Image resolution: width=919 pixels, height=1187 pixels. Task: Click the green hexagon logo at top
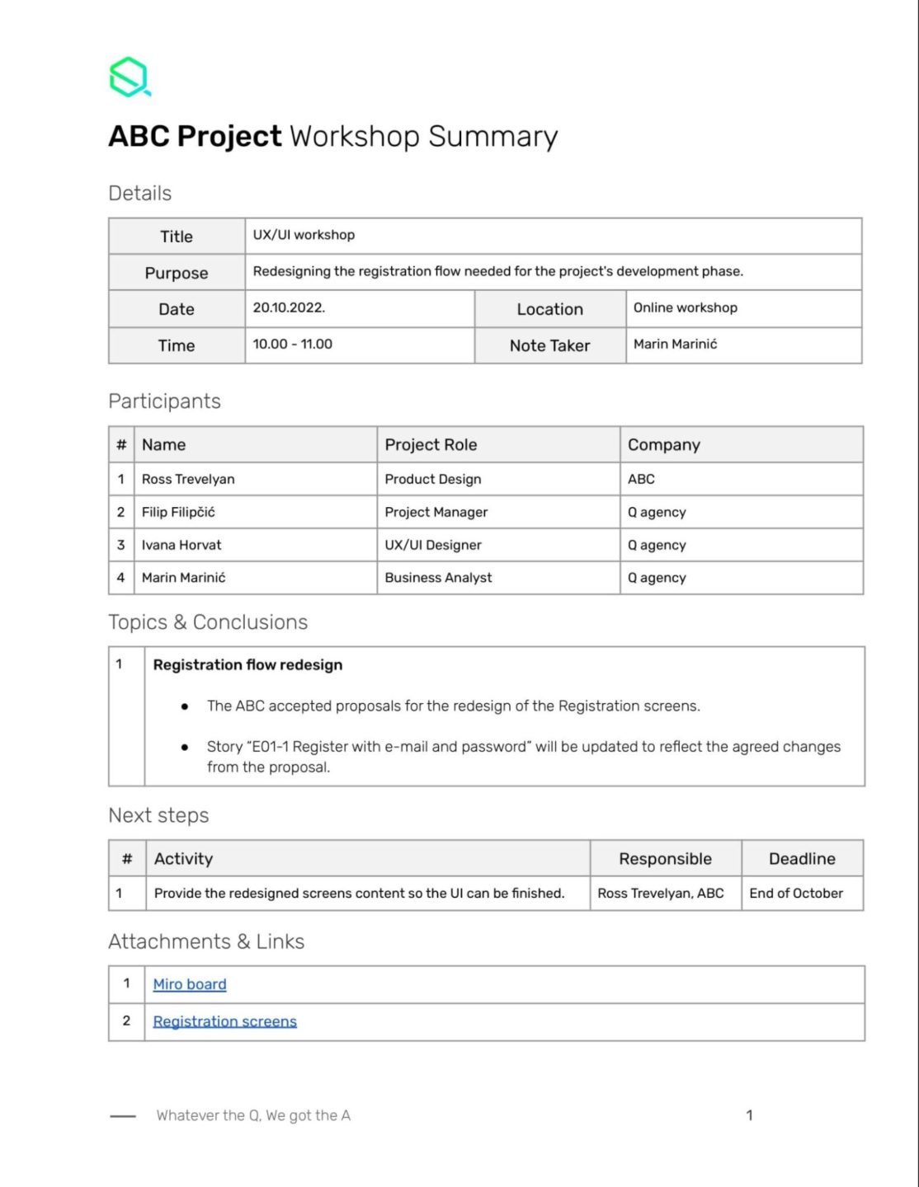(130, 77)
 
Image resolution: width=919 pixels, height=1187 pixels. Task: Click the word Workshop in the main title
(354, 137)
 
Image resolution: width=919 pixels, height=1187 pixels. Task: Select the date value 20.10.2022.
(289, 307)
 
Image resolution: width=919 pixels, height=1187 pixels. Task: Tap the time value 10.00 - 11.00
(292, 345)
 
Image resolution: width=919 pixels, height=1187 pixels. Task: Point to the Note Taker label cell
(549, 346)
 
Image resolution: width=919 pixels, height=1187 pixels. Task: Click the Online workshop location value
(685, 307)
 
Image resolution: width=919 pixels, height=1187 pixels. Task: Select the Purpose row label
(177, 273)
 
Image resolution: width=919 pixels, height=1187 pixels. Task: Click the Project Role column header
(431, 445)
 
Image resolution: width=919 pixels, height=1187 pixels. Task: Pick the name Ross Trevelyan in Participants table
(188, 480)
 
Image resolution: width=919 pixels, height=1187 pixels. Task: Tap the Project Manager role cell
(436, 513)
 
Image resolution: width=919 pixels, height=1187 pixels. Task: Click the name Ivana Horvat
(181, 546)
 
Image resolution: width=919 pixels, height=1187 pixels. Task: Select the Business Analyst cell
(438, 578)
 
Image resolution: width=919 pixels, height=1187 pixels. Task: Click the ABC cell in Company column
(641, 480)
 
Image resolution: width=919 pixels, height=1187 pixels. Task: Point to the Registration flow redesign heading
(247, 665)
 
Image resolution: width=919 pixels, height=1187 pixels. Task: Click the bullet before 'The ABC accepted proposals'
(185, 707)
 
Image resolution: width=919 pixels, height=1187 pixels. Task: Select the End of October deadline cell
(795, 894)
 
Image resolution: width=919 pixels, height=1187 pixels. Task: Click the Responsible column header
(665, 859)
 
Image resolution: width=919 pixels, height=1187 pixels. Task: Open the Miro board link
(190, 984)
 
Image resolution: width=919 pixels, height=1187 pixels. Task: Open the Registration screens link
(224, 1021)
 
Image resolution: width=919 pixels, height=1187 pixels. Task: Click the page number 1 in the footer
(749, 1115)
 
